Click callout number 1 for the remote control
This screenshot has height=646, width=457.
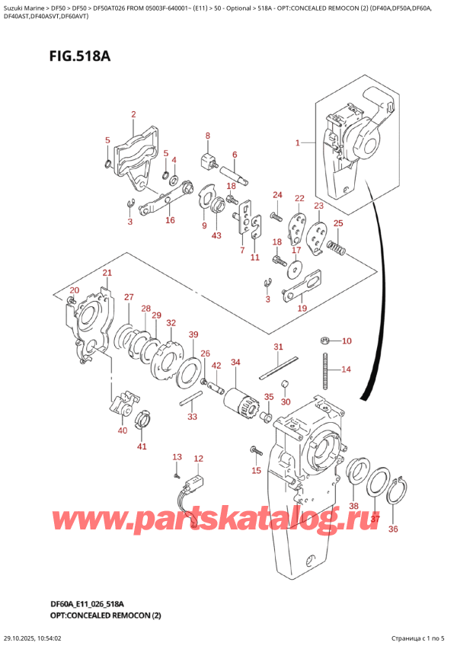point(298,142)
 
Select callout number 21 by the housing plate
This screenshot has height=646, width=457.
point(107,273)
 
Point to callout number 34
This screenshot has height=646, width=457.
point(235,362)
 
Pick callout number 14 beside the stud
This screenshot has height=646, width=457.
point(347,369)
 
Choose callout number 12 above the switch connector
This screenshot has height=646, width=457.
point(199,459)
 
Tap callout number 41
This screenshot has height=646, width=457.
point(142,446)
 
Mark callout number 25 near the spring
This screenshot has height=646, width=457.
point(338,223)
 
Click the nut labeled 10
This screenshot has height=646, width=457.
point(325,340)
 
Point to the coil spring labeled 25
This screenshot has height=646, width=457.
point(336,247)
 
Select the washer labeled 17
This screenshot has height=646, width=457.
point(293,267)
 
